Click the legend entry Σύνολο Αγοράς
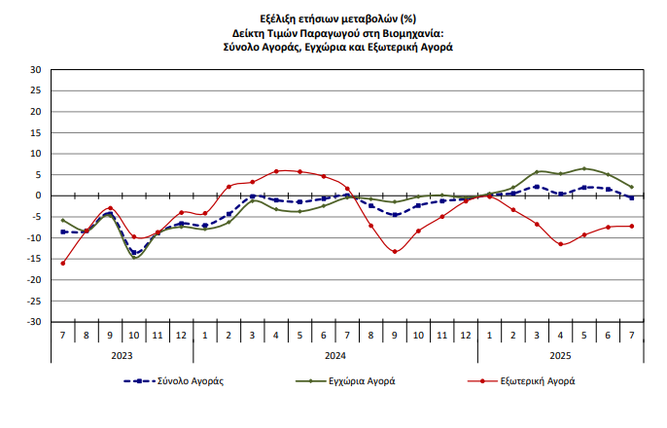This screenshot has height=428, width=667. tap(192, 381)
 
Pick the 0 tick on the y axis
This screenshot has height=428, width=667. tap(38, 196)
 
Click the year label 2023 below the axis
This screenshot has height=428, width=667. tap(123, 355)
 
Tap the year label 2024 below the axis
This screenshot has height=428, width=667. tap(335, 355)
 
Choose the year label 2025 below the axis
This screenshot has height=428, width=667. tap(561, 355)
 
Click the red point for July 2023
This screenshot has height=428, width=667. tap(63, 263)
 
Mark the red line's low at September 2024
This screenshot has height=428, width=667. tap(395, 252)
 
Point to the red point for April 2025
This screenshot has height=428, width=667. tap(561, 244)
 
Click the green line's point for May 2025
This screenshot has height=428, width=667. tap(584, 168)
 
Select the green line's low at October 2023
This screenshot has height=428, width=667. tap(134, 258)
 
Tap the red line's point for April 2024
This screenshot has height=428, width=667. tap(276, 171)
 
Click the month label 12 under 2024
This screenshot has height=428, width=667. tap(466, 336)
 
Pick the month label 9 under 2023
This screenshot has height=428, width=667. tap(110, 336)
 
